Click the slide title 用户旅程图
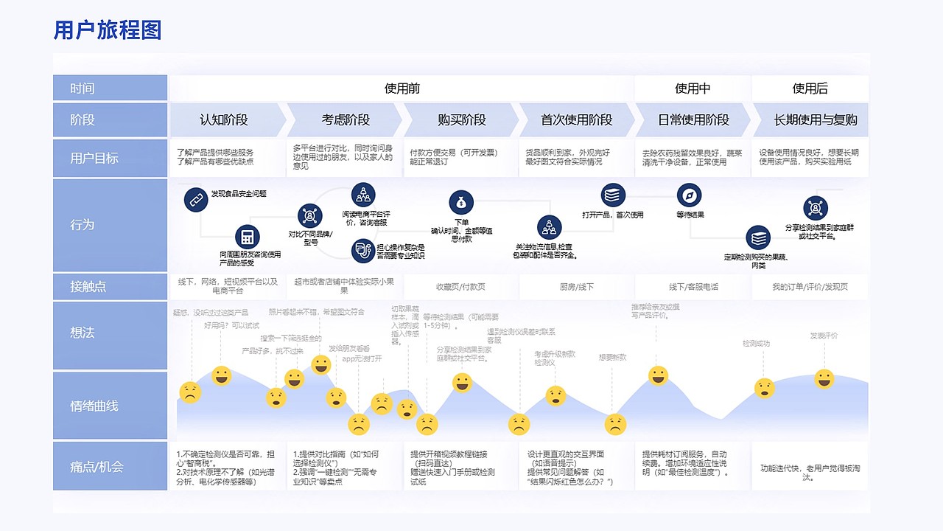pos(108,30)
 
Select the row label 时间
pos(83,88)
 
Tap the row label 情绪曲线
pos(94,406)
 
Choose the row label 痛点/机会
pos(97,467)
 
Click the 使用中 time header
pos(693,88)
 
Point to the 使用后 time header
pos(810,88)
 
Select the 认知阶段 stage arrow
pos(224,119)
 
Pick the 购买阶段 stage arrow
pos(461,119)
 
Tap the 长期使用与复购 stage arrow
pos(815,119)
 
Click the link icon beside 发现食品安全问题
pos(195,199)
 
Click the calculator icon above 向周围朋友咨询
pos(248,237)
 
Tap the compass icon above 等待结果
pos(690,195)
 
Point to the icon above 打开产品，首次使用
pos(613,195)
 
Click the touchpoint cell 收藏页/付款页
pos(460,287)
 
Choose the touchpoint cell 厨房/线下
pos(577,287)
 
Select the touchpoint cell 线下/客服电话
pos(693,287)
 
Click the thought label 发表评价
pos(824,336)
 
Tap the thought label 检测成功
pos(756,344)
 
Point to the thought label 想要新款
pos(613,358)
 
